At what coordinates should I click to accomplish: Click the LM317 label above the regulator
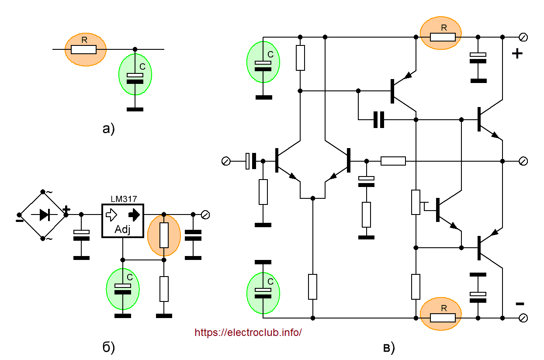[x=123, y=199]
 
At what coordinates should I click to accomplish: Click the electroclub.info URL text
[x=248, y=332]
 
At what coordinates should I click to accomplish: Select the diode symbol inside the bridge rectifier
[x=43, y=215]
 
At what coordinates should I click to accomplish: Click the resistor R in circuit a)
[x=84, y=49]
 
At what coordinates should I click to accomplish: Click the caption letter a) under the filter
[x=108, y=129]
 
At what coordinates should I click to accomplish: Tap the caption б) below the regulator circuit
[x=108, y=347]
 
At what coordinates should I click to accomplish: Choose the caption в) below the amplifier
[x=388, y=348]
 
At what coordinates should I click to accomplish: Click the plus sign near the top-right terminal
[x=517, y=54]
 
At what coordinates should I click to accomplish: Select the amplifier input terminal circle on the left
[x=226, y=162]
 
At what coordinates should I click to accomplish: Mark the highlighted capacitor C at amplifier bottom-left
[x=263, y=292]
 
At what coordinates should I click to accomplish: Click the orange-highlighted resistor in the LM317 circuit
[x=164, y=235]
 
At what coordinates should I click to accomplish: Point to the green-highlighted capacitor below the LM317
[x=123, y=288]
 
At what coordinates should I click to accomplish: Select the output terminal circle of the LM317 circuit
[x=205, y=215]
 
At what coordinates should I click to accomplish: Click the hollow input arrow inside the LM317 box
[x=111, y=215]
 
